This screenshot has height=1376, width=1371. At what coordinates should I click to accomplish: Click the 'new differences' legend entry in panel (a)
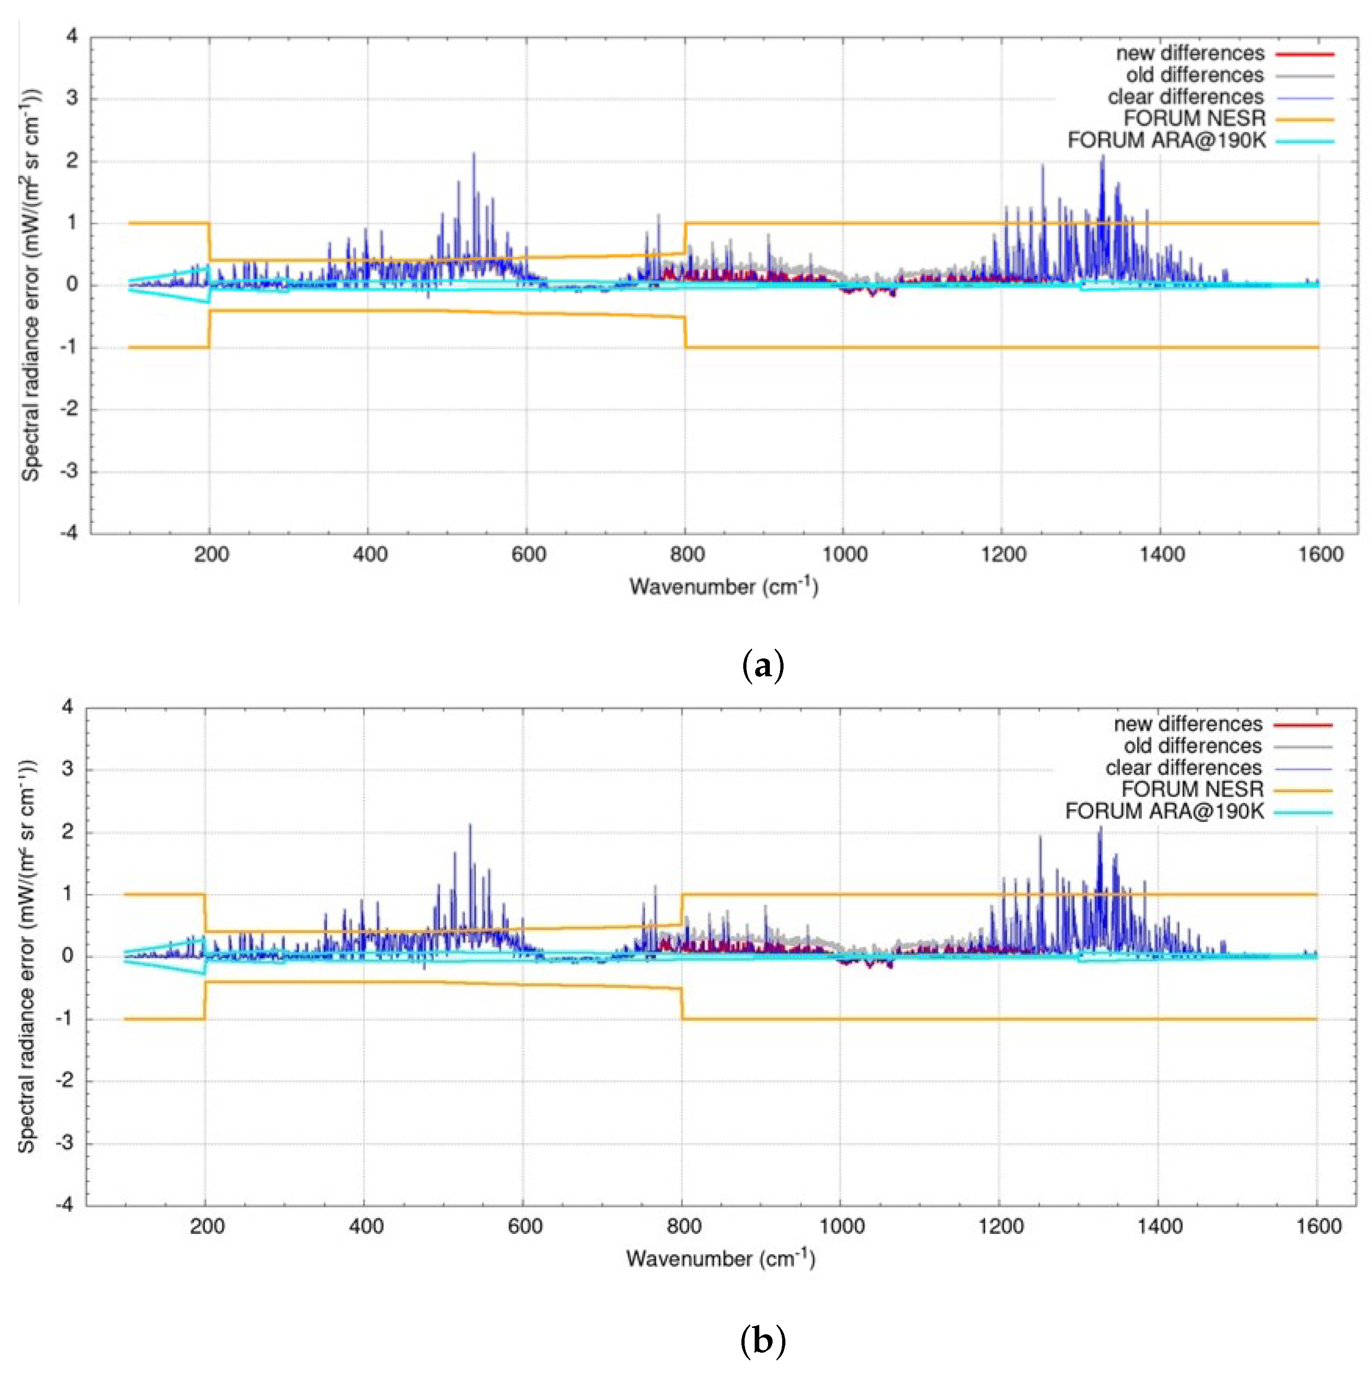point(1190,54)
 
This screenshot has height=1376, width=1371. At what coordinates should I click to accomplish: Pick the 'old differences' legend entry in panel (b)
point(1192,746)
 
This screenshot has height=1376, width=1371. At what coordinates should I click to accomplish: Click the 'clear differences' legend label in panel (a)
point(1185,97)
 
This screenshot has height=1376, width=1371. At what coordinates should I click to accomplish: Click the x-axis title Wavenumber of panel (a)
point(724,587)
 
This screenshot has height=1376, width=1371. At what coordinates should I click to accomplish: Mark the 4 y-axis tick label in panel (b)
point(68,707)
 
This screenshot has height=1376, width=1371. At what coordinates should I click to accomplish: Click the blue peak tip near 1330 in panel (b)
point(1100,828)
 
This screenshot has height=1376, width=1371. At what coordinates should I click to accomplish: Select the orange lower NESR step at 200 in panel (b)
point(205,1001)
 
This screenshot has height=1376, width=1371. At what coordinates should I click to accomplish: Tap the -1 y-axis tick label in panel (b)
point(66,1019)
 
